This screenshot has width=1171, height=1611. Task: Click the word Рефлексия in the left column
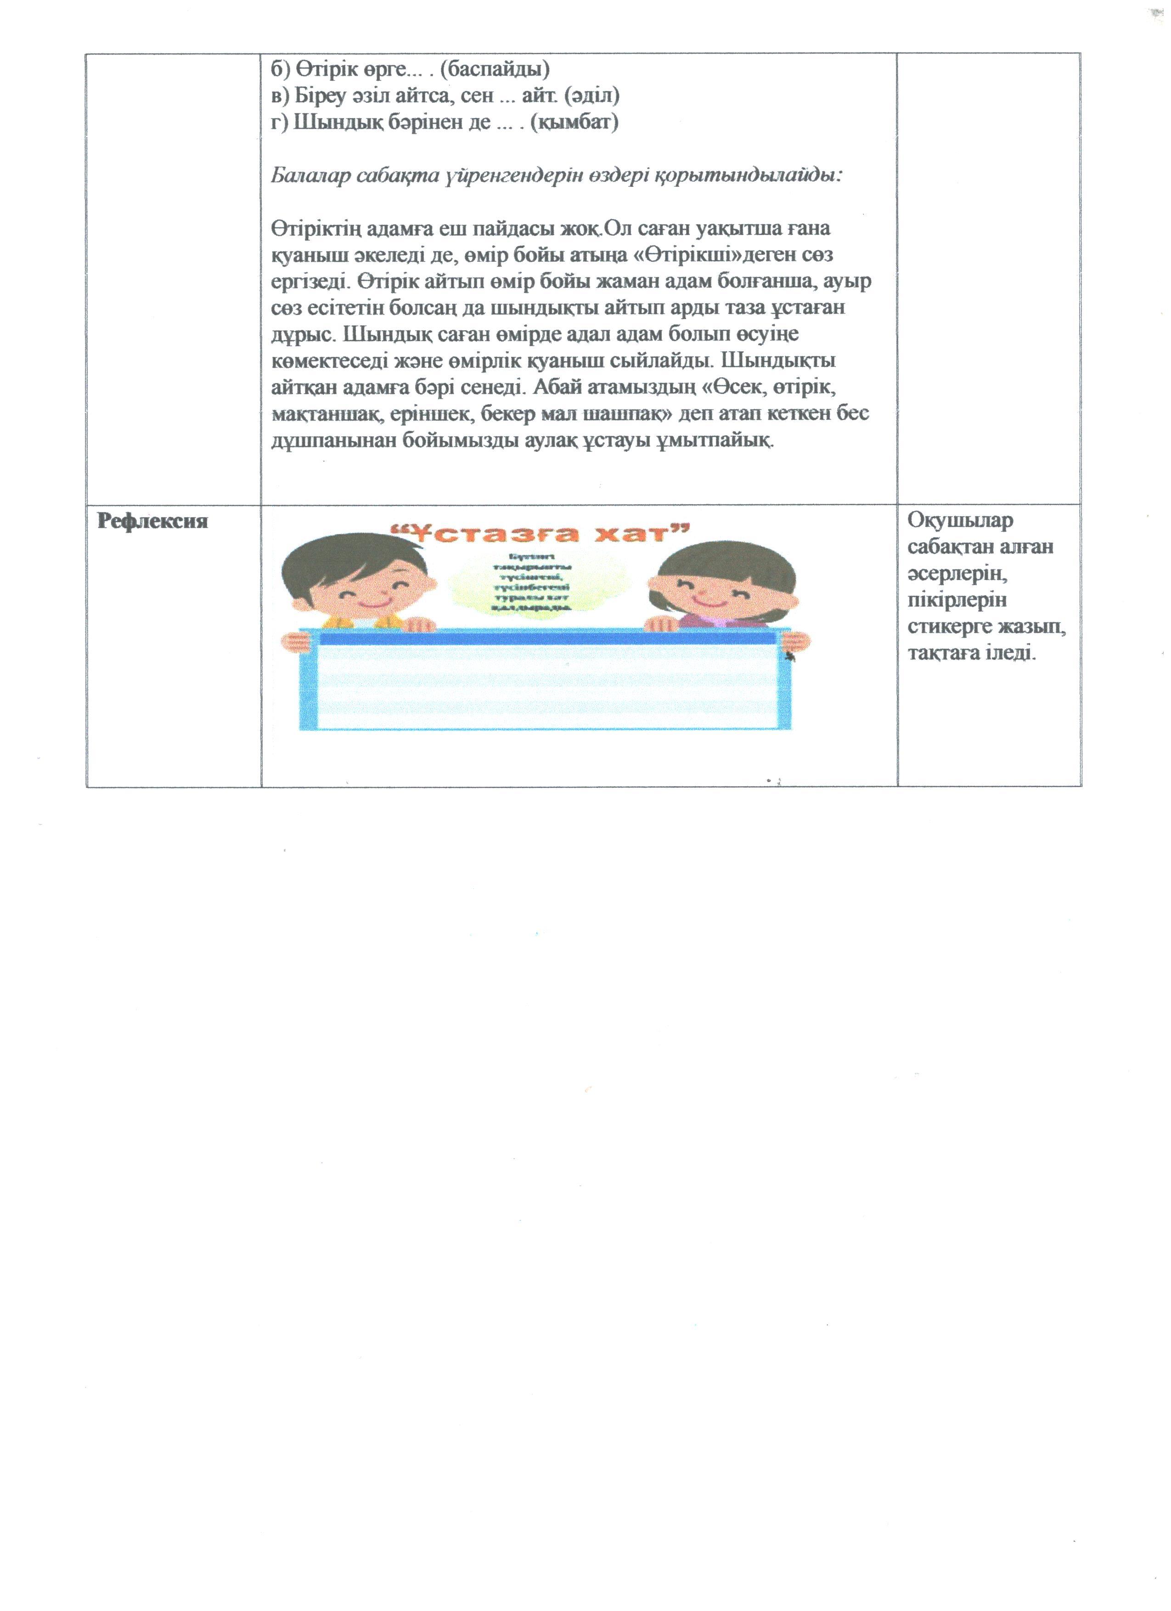click(x=152, y=521)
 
